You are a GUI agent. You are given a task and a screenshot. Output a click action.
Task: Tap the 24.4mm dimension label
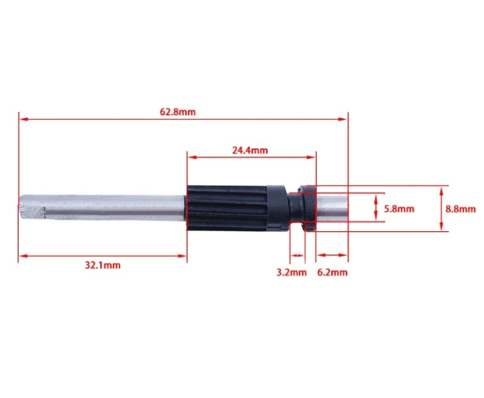250,149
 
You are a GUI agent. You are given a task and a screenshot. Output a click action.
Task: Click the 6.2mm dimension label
332,273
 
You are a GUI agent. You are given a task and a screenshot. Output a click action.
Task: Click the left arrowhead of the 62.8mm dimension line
22,119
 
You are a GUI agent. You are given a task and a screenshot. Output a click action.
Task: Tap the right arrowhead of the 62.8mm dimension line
344,119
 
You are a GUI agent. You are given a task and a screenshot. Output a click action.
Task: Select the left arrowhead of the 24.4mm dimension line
191,156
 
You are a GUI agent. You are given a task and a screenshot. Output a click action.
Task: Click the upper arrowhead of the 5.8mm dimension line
377,196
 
